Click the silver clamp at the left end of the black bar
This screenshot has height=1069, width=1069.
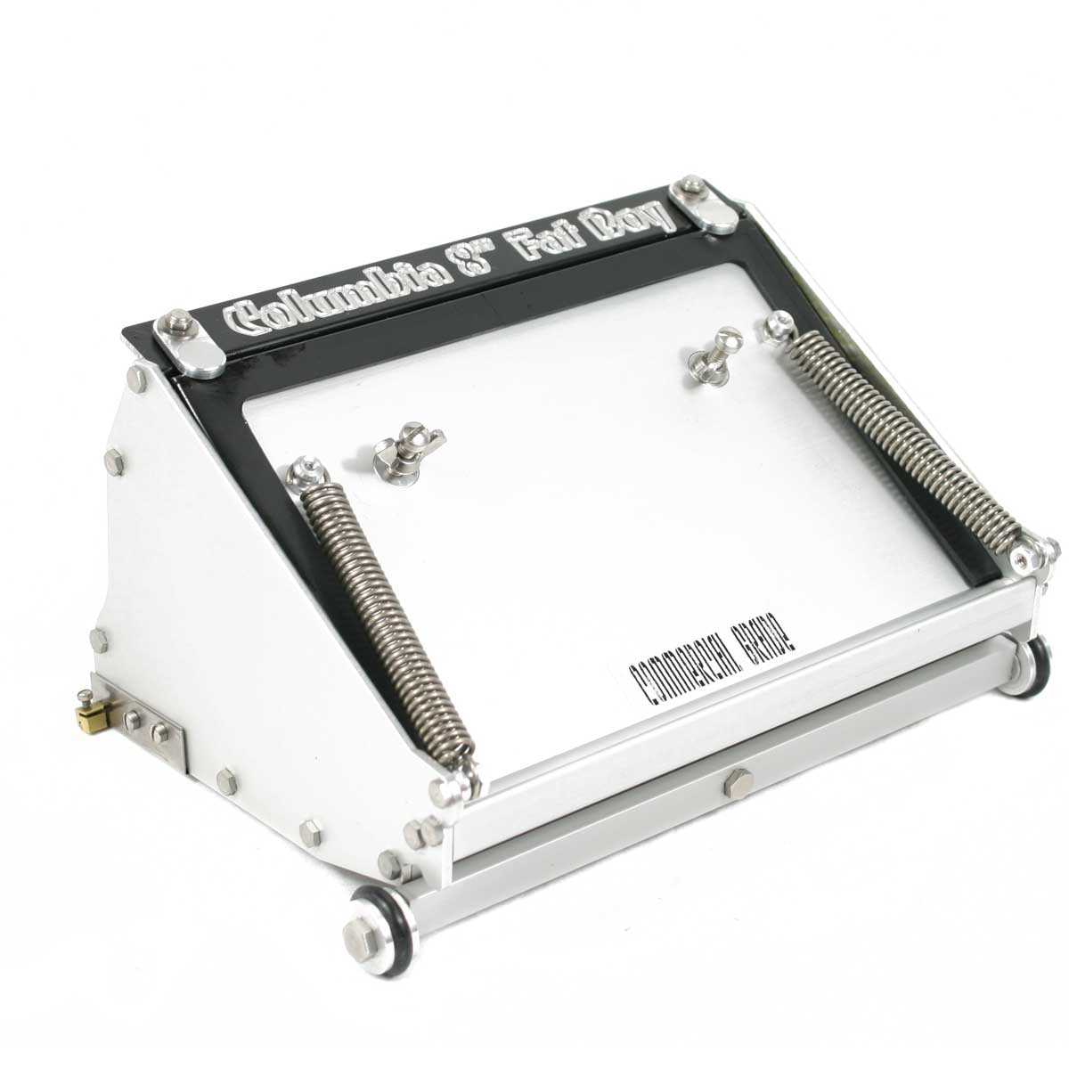tap(190, 343)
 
